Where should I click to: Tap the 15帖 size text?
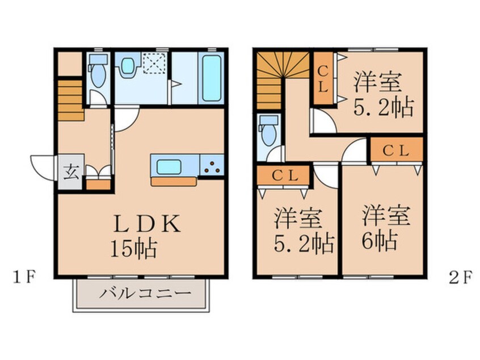coord(134,249)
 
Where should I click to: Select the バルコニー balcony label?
coord(138,295)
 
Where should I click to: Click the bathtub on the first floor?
coord(211,79)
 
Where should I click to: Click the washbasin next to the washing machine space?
coord(129,66)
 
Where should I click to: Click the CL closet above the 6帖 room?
coord(397,150)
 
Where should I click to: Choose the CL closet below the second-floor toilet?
coord(283,175)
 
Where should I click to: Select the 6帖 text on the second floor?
coord(377,241)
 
